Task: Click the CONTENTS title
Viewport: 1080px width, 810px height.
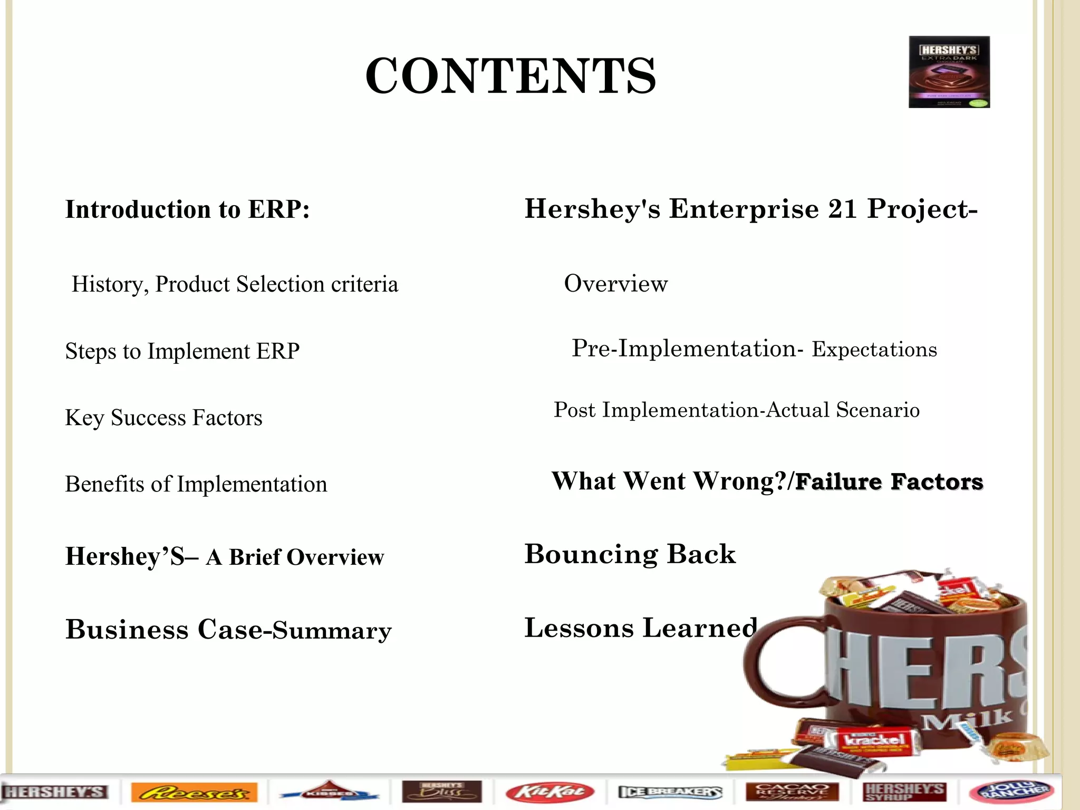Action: pyautogui.click(x=510, y=76)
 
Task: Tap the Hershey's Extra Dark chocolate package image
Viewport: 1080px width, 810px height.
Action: pyautogui.click(x=949, y=72)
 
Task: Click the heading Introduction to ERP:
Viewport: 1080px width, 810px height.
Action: pyautogui.click(x=187, y=209)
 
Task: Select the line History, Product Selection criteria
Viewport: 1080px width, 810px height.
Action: pyautogui.click(x=235, y=284)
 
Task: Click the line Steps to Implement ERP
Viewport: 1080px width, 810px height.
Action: pyautogui.click(x=182, y=351)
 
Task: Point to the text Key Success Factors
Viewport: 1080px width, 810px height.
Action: pyautogui.click(x=163, y=418)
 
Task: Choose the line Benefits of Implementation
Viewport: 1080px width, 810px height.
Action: pyautogui.click(x=196, y=484)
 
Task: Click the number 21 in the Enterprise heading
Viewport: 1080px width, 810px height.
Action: pyautogui.click(x=842, y=209)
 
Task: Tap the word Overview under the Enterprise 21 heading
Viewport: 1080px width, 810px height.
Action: pyautogui.click(x=615, y=284)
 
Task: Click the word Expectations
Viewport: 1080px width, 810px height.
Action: pyautogui.click(x=874, y=350)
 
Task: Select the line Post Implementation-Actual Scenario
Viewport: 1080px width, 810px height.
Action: pyautogui.click(x=736, y=410)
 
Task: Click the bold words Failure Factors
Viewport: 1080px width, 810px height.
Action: pyautogui.click(x=889, y=482)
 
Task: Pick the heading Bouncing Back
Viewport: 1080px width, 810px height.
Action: pyautogui.click(x=630, y=554)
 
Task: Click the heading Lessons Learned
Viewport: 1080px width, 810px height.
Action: pyautogui.click(x=641, y=628)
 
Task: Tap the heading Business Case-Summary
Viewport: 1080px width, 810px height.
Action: pyautogui.click(x=228, y=630)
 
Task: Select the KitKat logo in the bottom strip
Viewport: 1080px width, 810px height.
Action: pyautogui.click(x=549, y=792)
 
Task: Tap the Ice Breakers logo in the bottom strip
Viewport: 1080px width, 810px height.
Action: pyautogui.click(x=669, y=792)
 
